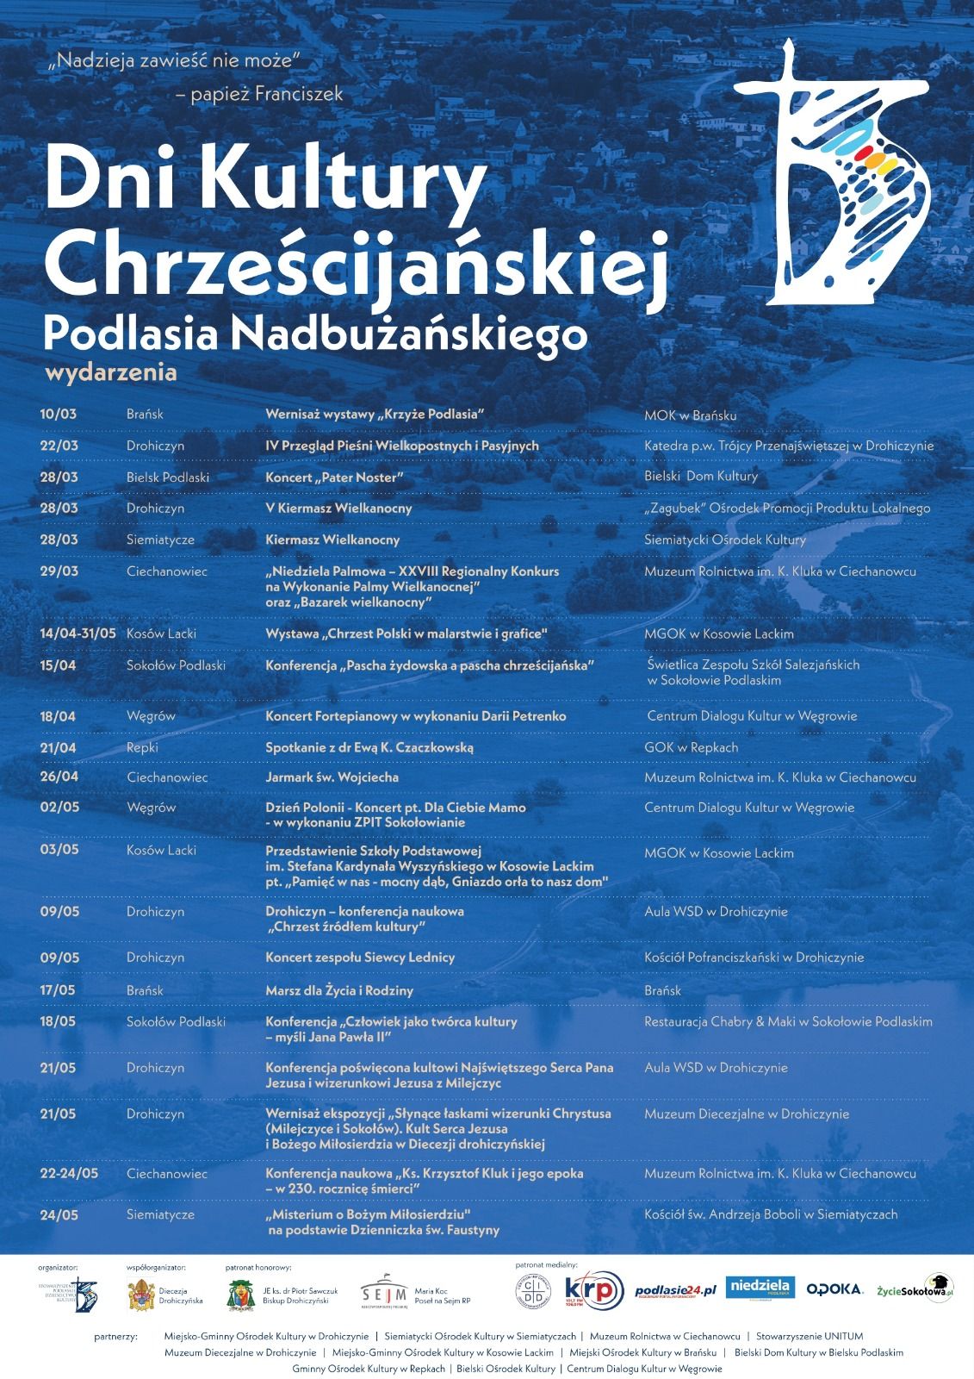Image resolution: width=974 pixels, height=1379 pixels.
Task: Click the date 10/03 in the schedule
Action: pyautogui.click(x=59, y=414)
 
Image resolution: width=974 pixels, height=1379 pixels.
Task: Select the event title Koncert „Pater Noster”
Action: pyautogui.click(x=335, y=477)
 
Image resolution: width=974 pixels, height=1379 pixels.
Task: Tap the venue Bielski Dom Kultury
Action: pyautogui.click(x=701, y=476)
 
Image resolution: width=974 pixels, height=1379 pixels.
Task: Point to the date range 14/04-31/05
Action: pyautogui.click(x=78, y=633)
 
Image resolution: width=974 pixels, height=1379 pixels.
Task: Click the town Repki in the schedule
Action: pyautogui.click(x=142, y=747)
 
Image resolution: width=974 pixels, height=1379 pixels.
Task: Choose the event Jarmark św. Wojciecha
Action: pyautogui.click(x=332, y=777)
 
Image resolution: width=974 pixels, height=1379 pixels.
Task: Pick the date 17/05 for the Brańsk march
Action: pyautogui.click(x=59, y=990)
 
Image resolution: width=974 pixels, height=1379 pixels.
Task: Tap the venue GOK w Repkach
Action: pyautogui.click(x=691, y=747)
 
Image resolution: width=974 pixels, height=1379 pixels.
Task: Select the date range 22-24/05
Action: pyautogui.click(x=69, y=1173)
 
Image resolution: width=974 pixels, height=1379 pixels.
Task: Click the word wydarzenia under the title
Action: pyautogui.click(x=110, y=372)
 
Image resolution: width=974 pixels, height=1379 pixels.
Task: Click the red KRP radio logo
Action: pyautogui.click(x=593, y=1290)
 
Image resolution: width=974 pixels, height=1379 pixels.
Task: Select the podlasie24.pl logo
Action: pyautogui.click(x=675, y=1290)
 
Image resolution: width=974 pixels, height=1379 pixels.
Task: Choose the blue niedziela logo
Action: pyautogui.click(x=760, y=1288)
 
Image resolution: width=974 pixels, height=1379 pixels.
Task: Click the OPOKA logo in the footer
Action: pyautogui.click(x=834, y=1289)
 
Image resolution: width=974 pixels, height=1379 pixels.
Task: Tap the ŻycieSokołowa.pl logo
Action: pyautogui.click(x=914, y=1289)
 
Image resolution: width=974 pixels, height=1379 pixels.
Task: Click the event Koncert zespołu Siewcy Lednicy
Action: pyautogui.click(x=360, y=958)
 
